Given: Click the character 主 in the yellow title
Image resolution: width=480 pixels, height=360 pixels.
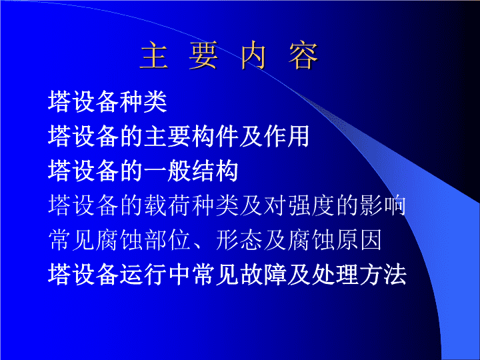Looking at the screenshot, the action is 154,56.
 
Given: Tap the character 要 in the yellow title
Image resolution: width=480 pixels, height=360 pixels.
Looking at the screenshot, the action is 203,56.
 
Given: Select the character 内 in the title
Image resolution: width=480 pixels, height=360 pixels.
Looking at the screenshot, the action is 253,56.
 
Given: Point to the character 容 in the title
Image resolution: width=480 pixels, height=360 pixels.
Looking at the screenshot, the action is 304,56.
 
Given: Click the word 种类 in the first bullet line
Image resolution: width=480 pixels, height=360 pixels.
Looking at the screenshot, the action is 143,101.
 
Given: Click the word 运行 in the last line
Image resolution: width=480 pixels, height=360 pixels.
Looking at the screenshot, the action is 143,274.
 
